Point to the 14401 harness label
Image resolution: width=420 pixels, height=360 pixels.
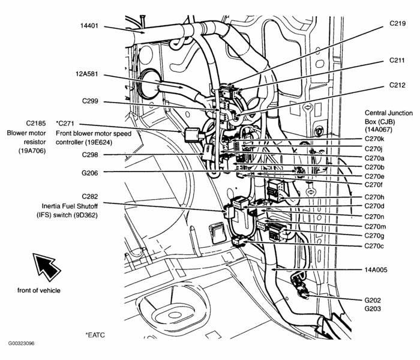[91, 26]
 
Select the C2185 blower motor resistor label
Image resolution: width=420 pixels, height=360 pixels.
[20, 122]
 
